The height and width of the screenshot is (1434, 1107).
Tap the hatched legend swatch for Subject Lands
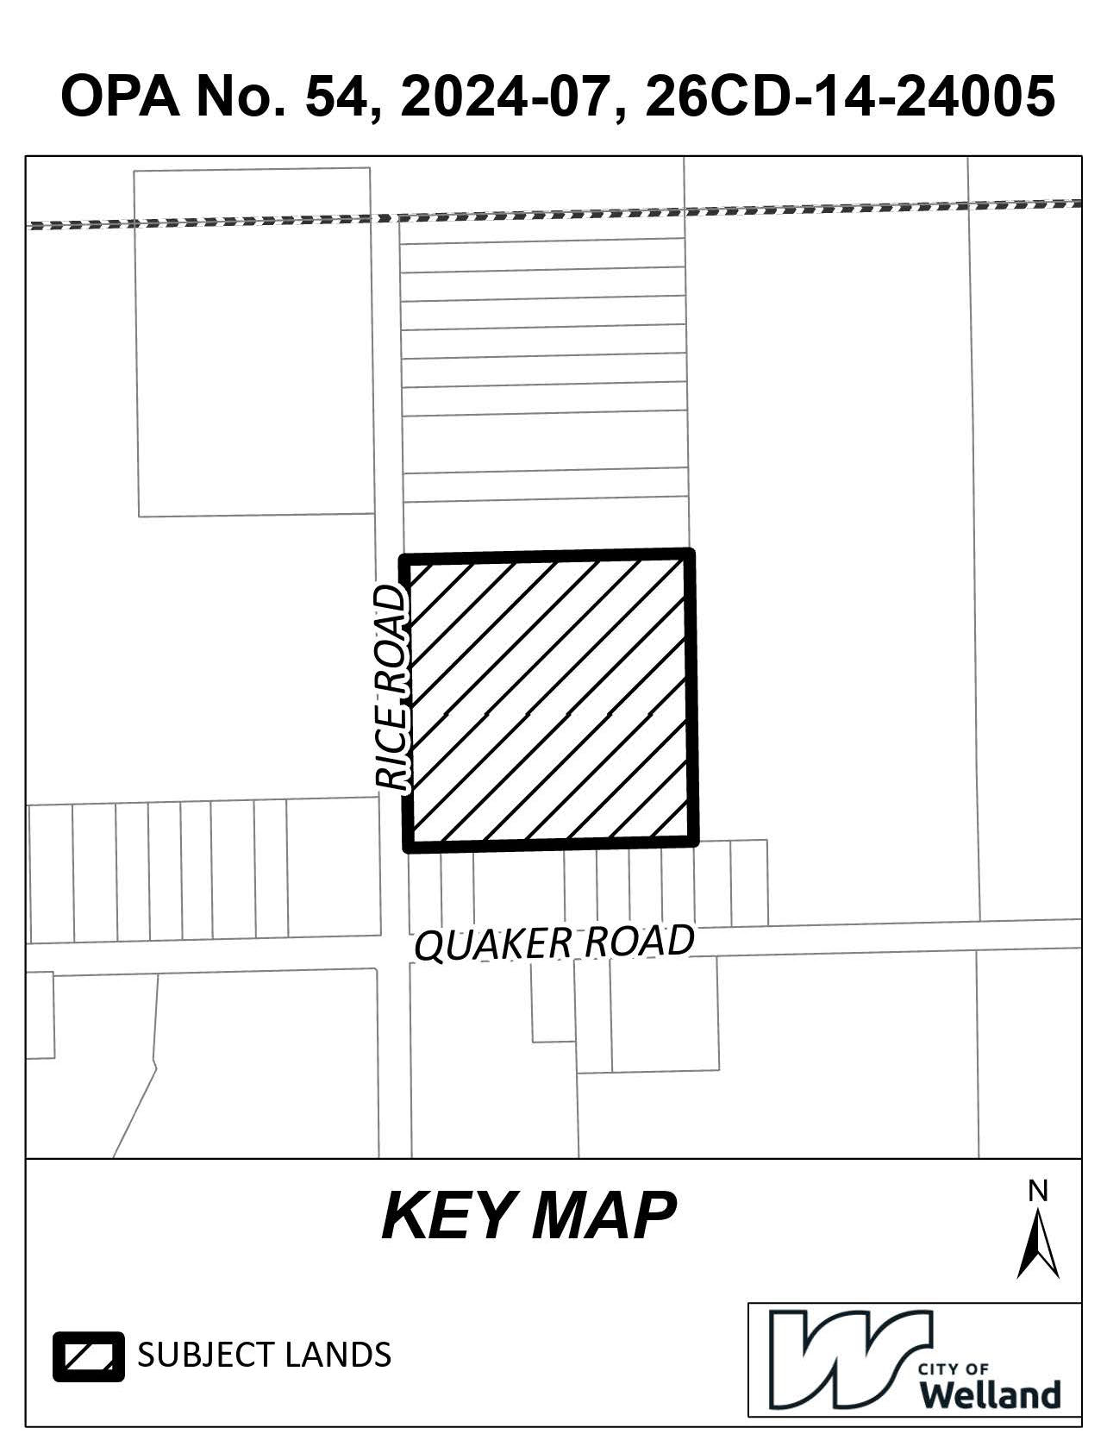[89, 1356]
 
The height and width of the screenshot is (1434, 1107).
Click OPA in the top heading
[120, 96]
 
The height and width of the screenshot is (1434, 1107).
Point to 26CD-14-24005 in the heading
[849, 96]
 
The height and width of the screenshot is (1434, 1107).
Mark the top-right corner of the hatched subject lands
[690, 553]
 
